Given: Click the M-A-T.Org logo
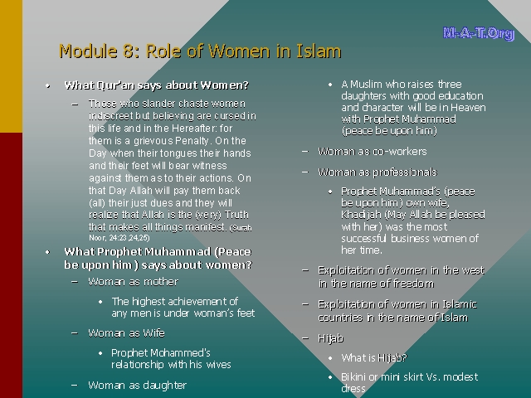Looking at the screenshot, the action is tap(479, 33).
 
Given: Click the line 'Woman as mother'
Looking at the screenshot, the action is tap(133, 282).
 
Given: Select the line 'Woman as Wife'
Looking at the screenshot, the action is tap(126, 333).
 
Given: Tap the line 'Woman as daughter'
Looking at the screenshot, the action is tap(137, 385).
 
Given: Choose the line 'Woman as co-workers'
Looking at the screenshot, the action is tap(373, 151).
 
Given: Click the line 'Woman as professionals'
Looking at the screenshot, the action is tap(378, 172).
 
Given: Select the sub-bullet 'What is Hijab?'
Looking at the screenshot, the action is tap(374, 357).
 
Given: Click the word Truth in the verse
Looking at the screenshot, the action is tap(236, 215).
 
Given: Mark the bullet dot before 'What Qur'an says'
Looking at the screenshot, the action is tap(48, 85).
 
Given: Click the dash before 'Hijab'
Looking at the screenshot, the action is tap(305, 337).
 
